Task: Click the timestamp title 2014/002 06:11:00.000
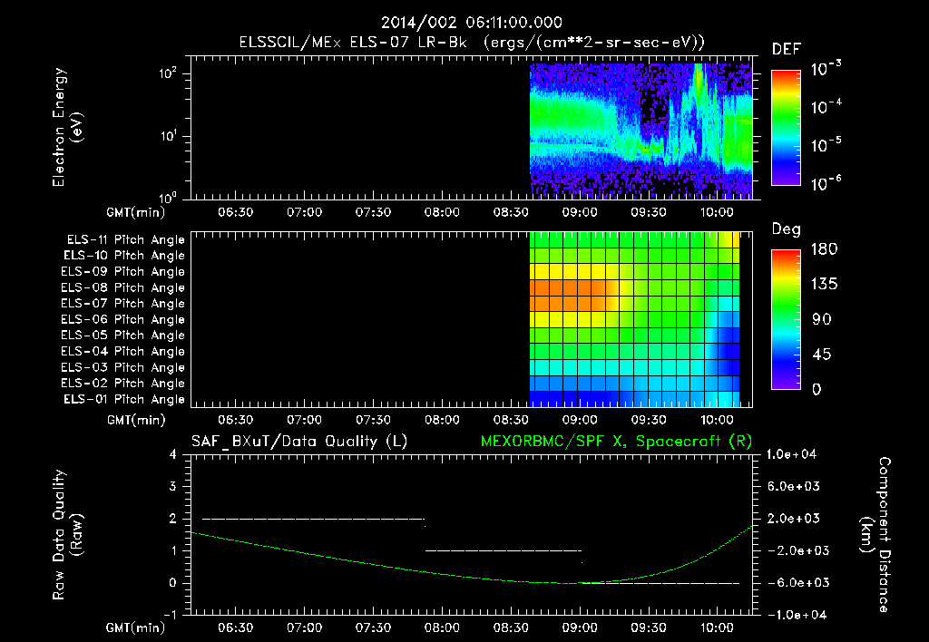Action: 472,23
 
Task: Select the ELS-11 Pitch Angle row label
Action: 125,240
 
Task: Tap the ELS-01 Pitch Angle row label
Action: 124,399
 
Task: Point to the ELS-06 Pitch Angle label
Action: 122,319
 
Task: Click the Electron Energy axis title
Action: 66,127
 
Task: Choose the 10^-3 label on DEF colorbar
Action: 826,69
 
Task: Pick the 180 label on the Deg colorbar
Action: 824,248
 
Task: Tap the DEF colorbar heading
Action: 787,49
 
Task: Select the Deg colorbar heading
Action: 786,229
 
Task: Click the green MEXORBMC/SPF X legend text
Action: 616,442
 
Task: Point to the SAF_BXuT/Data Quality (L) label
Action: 299,442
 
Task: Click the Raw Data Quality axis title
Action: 66,535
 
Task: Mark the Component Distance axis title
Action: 875,535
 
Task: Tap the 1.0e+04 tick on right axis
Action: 791,454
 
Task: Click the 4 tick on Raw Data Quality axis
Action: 173,454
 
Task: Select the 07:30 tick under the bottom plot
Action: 373,627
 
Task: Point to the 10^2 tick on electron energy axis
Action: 168,73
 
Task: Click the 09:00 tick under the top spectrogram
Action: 580,212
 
